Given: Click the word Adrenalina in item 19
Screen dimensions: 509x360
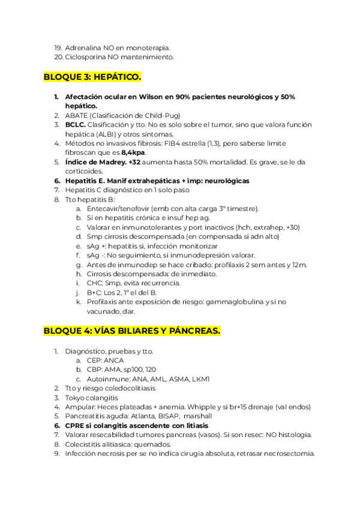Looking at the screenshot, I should coord(83,47).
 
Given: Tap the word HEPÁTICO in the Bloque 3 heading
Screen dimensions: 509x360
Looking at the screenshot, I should coord(115,77).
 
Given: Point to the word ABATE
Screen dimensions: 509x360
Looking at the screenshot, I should coord(76,115).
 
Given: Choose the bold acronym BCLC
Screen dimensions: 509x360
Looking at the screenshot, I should coord(76,125).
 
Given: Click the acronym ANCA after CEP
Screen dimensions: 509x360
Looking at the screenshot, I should coord(114,360).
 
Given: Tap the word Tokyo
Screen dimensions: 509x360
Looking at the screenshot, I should coord(76,397).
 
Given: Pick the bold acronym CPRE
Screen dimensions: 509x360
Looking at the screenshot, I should coord(76,426).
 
